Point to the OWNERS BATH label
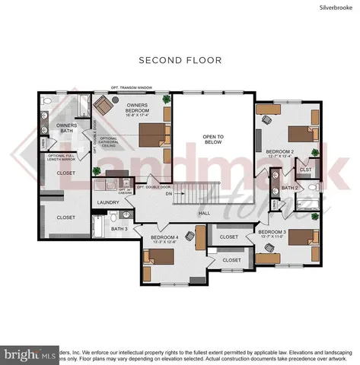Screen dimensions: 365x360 tap(58, 129)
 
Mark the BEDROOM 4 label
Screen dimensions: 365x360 tap(164, 237)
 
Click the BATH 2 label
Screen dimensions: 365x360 tap(289, 187)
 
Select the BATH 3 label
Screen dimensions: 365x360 tap(119, 228)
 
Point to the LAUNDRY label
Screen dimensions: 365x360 tap(107, 202)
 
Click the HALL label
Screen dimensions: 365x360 tap(205, 214)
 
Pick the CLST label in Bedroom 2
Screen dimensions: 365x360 tap(304, 170)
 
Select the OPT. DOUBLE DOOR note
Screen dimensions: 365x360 tap(154, 186)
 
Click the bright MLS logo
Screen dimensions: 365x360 tap(30, 354)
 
